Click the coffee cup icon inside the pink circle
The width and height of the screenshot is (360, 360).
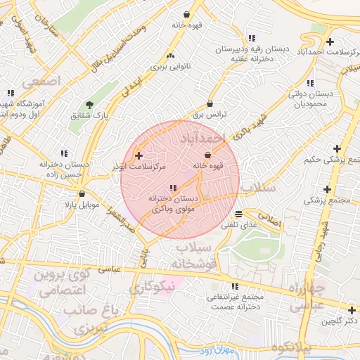click(207, 155)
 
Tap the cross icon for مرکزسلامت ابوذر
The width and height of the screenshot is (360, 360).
click(139, 155)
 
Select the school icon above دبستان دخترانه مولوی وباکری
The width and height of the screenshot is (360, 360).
click(173, 188)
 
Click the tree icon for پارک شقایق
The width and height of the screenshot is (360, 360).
click(88, 105)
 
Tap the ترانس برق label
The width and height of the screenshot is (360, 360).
click(208, 113)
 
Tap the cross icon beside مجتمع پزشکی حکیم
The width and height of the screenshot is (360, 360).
click(337, 148)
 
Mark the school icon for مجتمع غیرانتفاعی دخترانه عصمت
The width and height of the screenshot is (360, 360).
click(235, 286)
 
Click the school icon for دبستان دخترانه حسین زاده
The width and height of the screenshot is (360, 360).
click(64, 153)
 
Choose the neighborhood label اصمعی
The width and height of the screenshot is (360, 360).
click(42, 82)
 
